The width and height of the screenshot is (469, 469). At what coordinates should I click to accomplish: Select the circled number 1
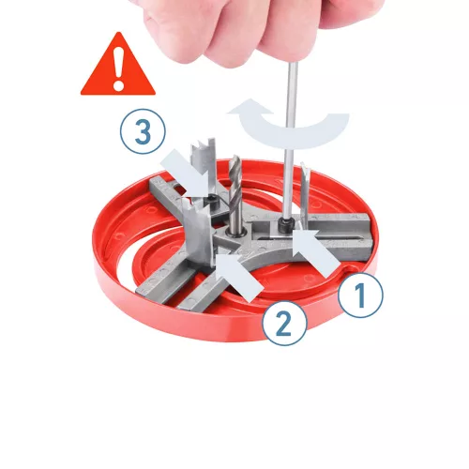(x=360, y=295)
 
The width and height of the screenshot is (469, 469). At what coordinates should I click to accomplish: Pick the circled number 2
(x=284, y=324)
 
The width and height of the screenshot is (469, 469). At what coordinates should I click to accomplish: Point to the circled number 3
(x=143, y=131)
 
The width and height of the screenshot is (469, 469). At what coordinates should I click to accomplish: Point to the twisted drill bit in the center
(x=235, y=194)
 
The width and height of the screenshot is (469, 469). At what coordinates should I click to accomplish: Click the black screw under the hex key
(x=285, y=225)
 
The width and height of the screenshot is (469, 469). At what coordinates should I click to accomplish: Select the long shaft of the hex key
(x=291, y=141)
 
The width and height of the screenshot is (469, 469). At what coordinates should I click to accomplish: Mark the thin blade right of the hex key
(x=305, y=190)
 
